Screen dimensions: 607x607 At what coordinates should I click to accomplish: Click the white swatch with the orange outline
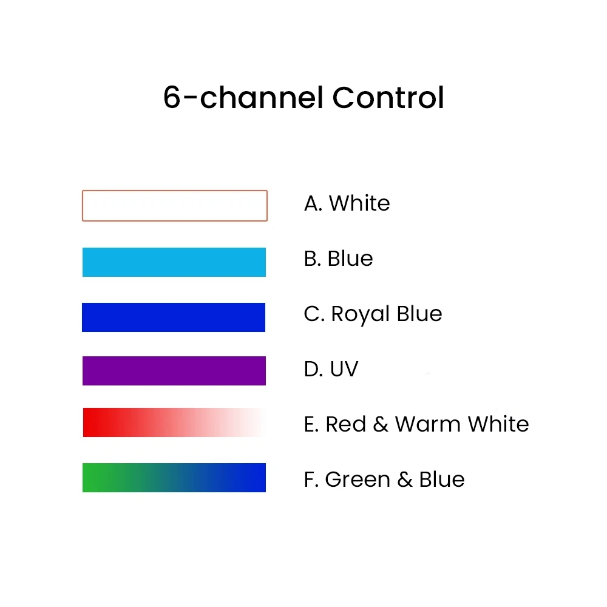pyautogui.click(x=175, y=206)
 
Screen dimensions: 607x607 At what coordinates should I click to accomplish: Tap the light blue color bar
pyautogui.click(x=174, y=262)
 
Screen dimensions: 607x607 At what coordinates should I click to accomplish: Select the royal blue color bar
pyautogui.click(x=174, y=317)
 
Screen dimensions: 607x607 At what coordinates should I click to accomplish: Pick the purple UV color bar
pyautogui.click(x=174, y=371)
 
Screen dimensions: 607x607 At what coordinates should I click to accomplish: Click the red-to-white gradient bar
pyautogui.click(x=174, y=422)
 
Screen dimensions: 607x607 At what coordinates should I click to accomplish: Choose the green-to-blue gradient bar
pyautogui.click(x=174, y=478)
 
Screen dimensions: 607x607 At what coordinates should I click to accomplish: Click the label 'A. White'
pyautogui.click(x=347, y=203)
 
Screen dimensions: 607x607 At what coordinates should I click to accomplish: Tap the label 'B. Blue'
pyautogui.click(x=338, y=259)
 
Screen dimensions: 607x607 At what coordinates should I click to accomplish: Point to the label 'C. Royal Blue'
pyautogui.click(x=373, y=314)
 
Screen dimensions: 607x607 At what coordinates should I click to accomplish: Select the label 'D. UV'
pyautogui.click(x=331, y=369)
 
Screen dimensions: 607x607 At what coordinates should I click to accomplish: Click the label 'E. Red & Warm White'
pyautogui.click(x=416, y=424)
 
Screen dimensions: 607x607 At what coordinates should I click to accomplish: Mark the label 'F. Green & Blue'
pyautogui.click(x=384, y=480)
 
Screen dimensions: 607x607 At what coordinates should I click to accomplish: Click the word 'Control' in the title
pyautogui.click(x=388, y=98)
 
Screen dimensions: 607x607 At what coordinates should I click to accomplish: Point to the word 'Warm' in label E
pyautogui.click(x=424, y=424)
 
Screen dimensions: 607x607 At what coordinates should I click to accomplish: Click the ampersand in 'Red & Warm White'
pyautogui.click(x=381, y=424)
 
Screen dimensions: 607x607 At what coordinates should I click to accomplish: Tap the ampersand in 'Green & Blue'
pyautogui.click(x=405, y=480)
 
